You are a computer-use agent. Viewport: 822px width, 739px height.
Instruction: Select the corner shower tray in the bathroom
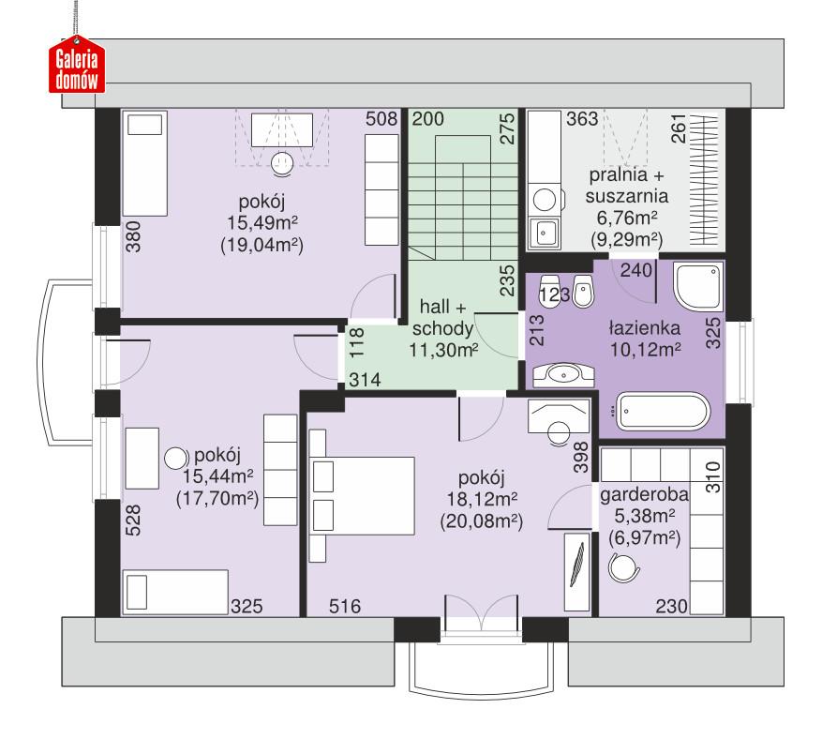coord(699,286)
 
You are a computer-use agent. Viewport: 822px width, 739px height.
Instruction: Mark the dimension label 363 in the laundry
coord(582,119)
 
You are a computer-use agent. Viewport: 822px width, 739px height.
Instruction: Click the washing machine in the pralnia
coord(543,199)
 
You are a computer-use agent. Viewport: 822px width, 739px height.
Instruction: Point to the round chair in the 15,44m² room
coord(175,460)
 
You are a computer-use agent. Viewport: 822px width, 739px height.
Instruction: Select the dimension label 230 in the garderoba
coord(670,606)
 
